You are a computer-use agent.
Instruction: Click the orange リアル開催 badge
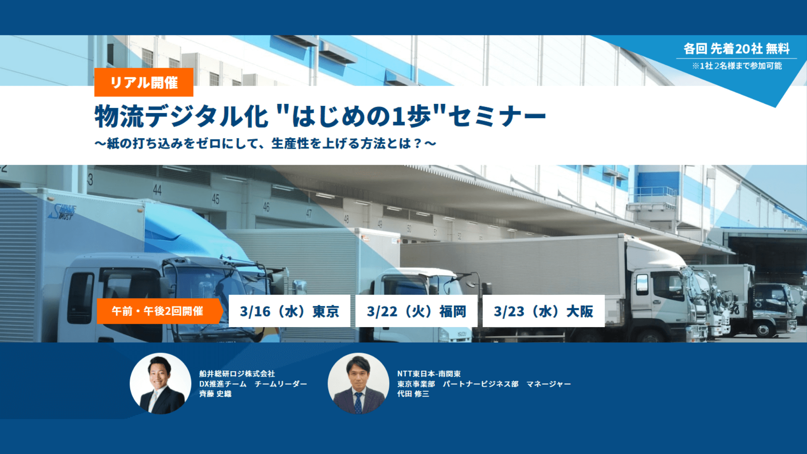pos(144,82)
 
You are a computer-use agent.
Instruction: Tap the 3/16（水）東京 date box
pos(289,311)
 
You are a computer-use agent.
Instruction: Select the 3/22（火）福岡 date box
pos(416,311)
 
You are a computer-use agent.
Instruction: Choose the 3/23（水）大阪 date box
pos(543,311)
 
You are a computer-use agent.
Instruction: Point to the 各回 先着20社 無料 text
pos(736,49)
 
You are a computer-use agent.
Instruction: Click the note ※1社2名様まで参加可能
pos(737,66)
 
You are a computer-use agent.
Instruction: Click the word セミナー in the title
pos(497,116)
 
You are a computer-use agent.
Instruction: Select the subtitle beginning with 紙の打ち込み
pos(266,144)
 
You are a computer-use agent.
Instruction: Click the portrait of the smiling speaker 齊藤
pos(161,383)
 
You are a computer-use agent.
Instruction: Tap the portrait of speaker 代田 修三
pos(359,383)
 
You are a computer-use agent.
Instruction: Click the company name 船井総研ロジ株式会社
pos(237,374)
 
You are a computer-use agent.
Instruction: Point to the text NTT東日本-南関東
pos(429,374)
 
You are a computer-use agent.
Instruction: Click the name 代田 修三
pos(413,394)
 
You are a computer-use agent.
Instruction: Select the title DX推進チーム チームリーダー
pos(253,384)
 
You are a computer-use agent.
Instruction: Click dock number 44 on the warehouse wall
pos(157,190)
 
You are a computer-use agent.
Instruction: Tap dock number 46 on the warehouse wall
pos(266,207)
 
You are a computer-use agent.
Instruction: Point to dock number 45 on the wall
pos(216,199)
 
